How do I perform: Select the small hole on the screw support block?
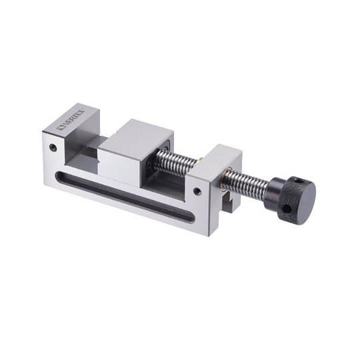(197, 192)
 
